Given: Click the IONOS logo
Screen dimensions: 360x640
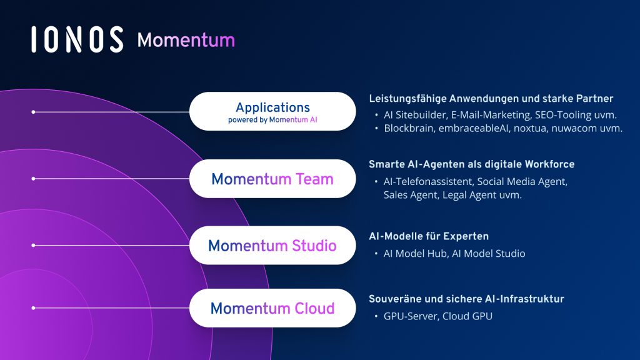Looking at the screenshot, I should [x=76, y=40].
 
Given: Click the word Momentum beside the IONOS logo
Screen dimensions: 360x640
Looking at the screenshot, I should [x=186, y=40].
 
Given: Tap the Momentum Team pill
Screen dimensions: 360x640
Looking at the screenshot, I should [x=272, y=179].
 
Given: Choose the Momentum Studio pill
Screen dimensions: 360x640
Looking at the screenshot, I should [x=272, y=245].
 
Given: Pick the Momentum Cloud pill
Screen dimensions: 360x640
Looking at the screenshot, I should [x=272, y=308].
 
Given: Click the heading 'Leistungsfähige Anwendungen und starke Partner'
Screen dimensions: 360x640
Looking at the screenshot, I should [x=491, y=99].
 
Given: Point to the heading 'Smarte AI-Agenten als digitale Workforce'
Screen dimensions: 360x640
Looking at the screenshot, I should [x=471, y=164].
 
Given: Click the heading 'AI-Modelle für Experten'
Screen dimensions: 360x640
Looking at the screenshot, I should [x=429, y=236].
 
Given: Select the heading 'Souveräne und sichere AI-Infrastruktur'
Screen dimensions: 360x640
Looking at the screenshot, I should [x=466, y=299].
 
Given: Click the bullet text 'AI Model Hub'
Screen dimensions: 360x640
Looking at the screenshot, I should [x=414, y=253].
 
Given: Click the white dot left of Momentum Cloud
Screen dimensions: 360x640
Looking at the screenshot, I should [x=33, y=308].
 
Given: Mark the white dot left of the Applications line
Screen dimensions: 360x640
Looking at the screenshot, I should [x=33, y=112].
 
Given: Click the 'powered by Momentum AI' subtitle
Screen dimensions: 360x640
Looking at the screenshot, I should [x=272, y=120].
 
